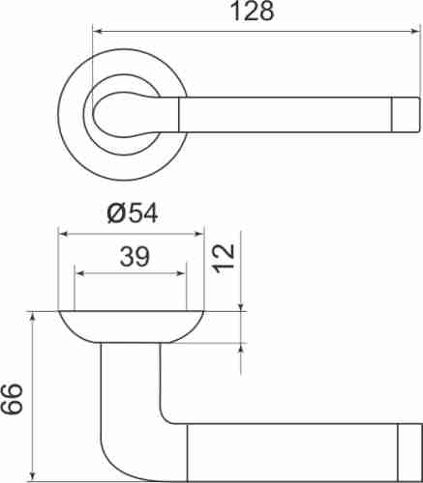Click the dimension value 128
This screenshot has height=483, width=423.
(x=255, y=12)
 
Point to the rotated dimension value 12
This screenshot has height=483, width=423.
(x=224, y=257)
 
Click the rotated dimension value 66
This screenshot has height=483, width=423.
(x=13, y=397)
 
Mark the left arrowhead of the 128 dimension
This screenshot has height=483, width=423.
(x=97, y=31)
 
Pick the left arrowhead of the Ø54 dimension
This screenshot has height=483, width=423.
(x=63, y=233)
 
